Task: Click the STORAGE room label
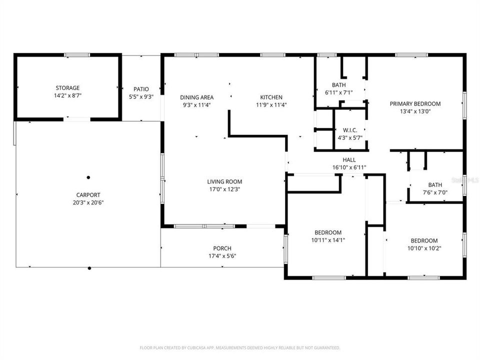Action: pyautogui.click(x=67, y=88)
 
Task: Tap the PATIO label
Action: pyautogui.click(x=141, y=89)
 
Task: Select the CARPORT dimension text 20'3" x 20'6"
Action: pyautogui.click(x=88, y=202)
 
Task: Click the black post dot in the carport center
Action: pyautogui.click(x=88, y=177)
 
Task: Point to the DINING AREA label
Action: pyautogui.click(x=197, y=97)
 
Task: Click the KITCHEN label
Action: pyautogui.click(x=271, y=97)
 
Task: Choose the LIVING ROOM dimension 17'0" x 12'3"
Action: pyautogui.click(x=224, y=189)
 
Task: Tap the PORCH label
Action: pyautogui.click(x=222, y=248)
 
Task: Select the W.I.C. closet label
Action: pyautogui.click(x=350, y=129)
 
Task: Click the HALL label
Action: pyautogui.click(x=349, y=160)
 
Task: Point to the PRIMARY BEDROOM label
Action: pyautogui.click(x=415, y=104)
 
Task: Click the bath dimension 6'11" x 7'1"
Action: pyautogui.click(x=339, y=92)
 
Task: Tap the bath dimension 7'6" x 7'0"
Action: pyautogui.click(x=434, y=192)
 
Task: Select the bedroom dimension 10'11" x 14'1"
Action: pyautogui.click(x=327, y=240)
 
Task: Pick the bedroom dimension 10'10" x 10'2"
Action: pyautogui.click(x=424, y=247)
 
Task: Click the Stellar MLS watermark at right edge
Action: pyautogui.click(x=464, y=179)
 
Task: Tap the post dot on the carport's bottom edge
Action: pyautogui.click(x=89, y=268)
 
